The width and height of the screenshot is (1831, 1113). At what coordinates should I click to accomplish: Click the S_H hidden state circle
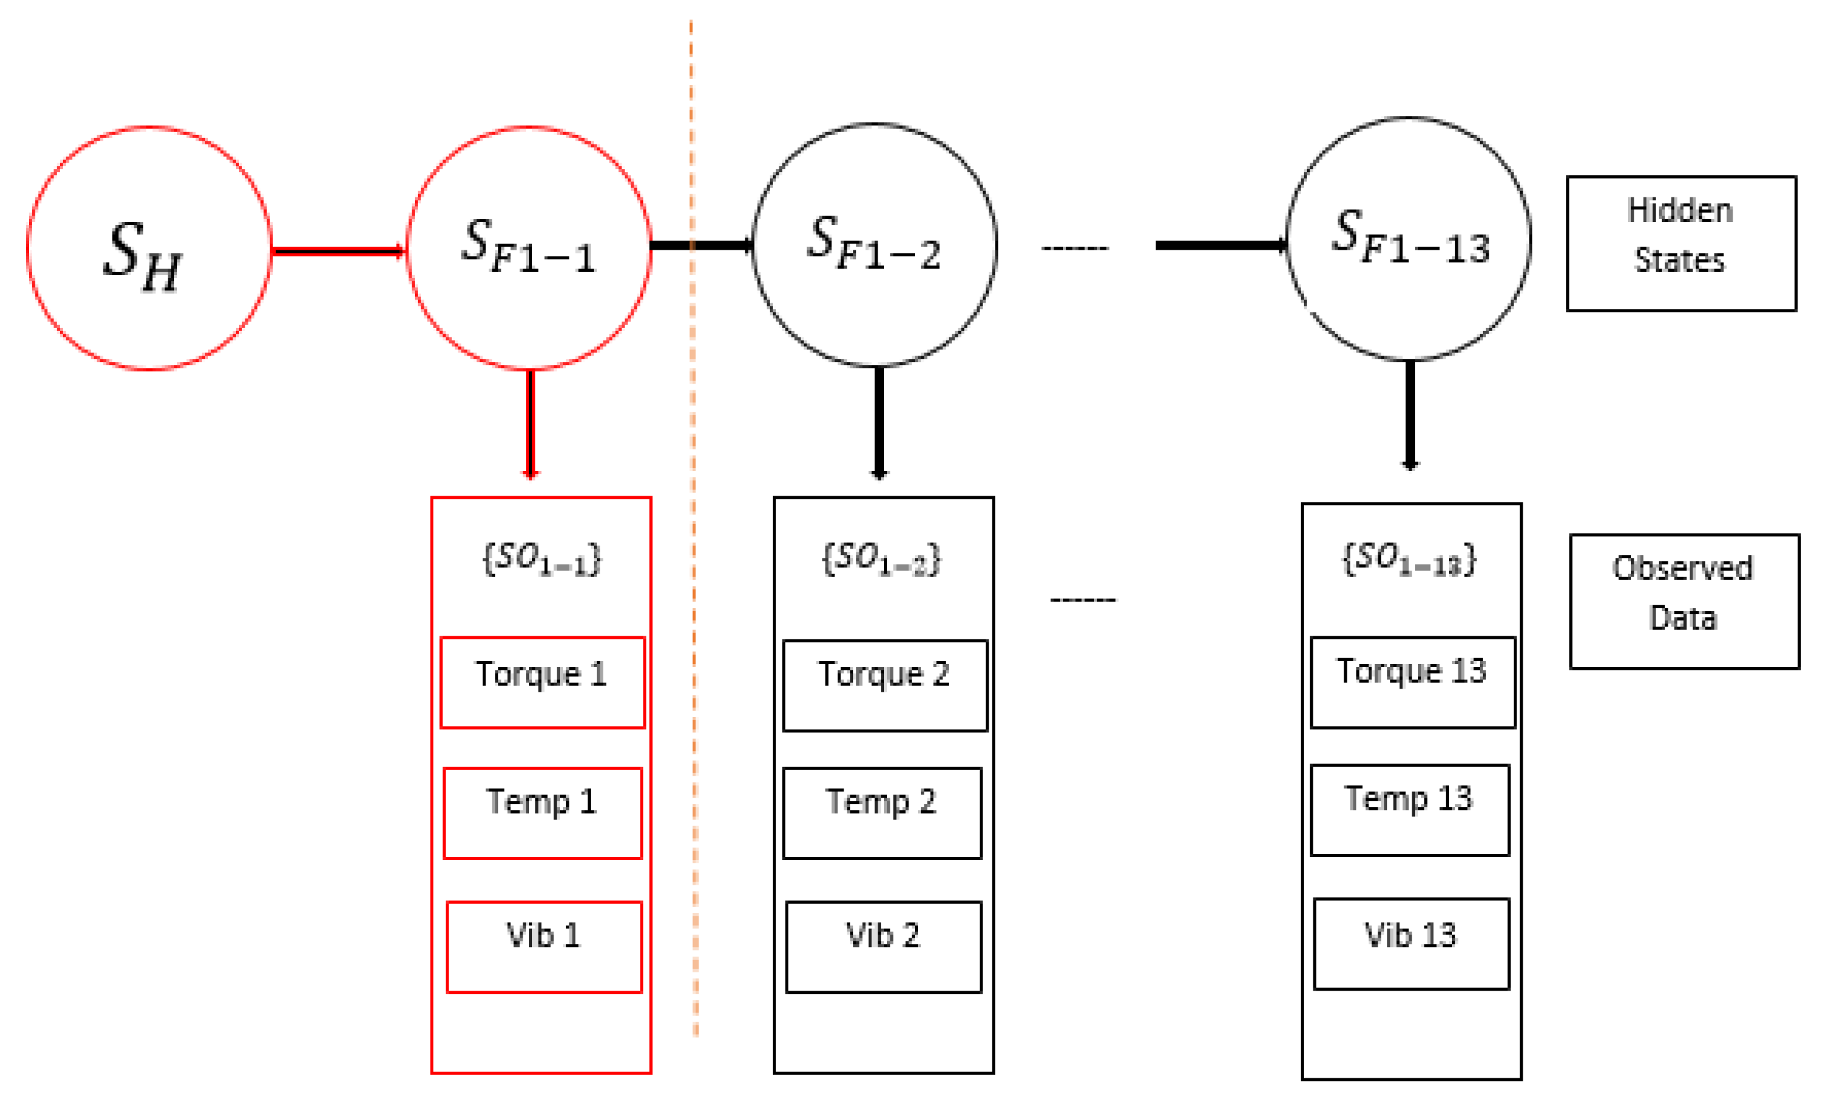point(149,249)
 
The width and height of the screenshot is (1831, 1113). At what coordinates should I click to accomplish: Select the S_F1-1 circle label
point(529,247)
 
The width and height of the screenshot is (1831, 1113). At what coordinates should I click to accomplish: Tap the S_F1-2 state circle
point(874,245)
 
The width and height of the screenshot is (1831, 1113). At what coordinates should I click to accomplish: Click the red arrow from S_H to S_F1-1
point(338,251)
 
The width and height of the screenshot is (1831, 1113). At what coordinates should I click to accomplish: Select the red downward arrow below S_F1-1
point(530,424)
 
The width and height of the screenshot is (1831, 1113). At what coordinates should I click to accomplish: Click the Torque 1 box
point(542,682)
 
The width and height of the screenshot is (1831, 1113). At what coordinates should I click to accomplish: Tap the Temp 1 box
point(542,813)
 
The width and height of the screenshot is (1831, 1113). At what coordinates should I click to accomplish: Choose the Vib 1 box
point(544,947)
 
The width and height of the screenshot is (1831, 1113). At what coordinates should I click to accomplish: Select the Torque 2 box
point(884,685)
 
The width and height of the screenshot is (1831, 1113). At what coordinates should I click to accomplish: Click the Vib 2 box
point(883,947)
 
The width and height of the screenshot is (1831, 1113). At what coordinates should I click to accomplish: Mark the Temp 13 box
point(1410,810)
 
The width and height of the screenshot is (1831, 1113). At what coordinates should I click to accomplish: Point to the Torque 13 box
point(1412,682)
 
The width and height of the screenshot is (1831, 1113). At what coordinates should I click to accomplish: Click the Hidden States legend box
point(1681,243)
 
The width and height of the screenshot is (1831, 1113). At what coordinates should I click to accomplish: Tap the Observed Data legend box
point(1684,601)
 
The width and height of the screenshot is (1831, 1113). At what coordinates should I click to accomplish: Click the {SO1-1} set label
point(542,559)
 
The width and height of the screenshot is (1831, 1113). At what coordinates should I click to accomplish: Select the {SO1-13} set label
point(1410,559)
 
